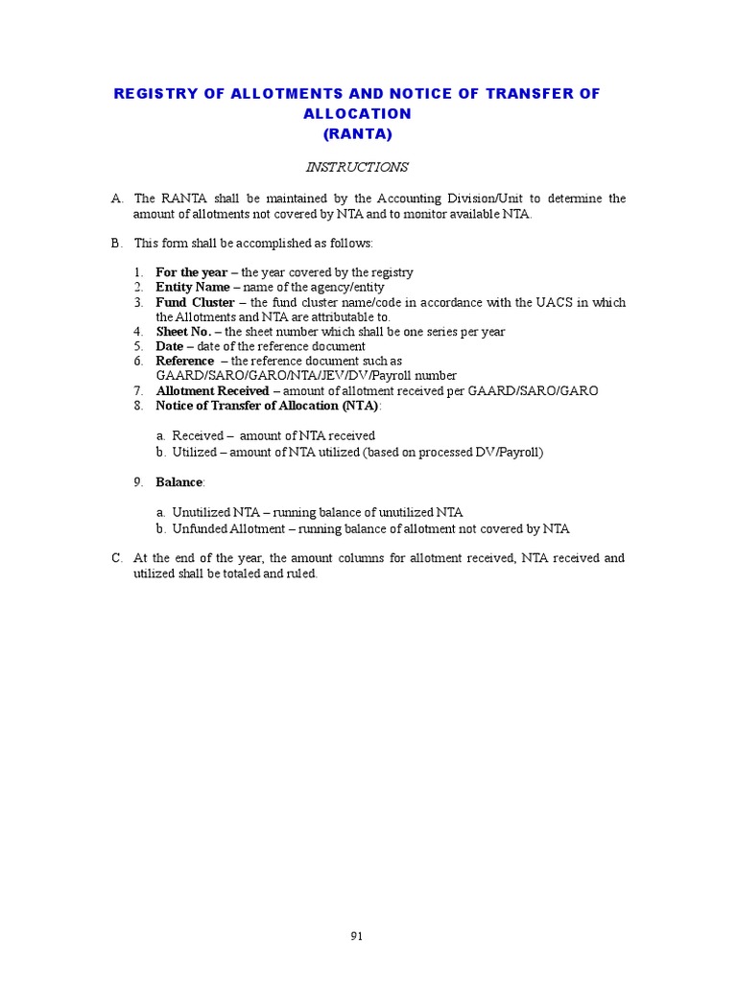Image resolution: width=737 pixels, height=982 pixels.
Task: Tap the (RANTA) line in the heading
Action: (357, 133)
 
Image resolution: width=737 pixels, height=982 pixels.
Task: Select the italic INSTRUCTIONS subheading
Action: (357, 167)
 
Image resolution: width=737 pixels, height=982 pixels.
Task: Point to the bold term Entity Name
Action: (193, 287)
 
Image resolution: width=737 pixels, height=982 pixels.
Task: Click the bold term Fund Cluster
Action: (196, 302)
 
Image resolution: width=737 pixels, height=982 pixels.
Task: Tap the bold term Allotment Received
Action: (212, 391)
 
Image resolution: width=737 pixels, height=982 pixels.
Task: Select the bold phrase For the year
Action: (192, 272)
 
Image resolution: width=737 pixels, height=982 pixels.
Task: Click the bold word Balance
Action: (179, 481)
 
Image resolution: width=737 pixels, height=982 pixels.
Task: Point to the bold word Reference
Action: (185, 362)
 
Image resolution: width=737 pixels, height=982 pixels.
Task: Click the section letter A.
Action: (117, 199)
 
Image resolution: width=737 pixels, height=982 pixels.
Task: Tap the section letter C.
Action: (117, 558)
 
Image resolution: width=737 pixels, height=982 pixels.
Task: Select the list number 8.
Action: (138, 406)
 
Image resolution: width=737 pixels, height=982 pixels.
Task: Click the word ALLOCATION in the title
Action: (357, 113)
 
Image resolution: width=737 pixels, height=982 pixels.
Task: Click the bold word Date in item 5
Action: (170, 346)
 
